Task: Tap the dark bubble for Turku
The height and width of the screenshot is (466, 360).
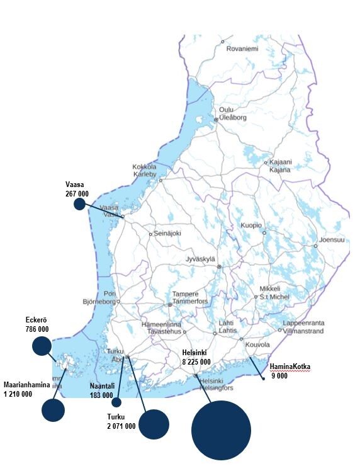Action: (x=154, y=424)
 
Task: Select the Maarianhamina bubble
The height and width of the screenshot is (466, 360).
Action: (x=53, y=410)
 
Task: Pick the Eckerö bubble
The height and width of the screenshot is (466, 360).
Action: (x=42, y=345)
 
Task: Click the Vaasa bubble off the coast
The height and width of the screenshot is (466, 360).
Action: (x=79, y=204)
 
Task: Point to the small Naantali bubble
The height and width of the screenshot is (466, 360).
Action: (x=116, y=402)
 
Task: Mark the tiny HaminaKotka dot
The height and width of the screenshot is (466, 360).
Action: (x=263, y=378)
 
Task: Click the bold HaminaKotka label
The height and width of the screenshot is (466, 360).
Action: (x=290, y=367)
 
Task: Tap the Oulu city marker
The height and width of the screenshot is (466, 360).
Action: (x=216, y=118)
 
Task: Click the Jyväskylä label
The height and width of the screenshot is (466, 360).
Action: (x=201, y=259)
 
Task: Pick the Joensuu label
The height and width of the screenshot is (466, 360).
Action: (x=332, y=239)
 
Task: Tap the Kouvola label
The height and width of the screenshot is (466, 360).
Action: (x=257, y=344)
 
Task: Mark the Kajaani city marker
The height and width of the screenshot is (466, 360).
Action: (x=266, y=162)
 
